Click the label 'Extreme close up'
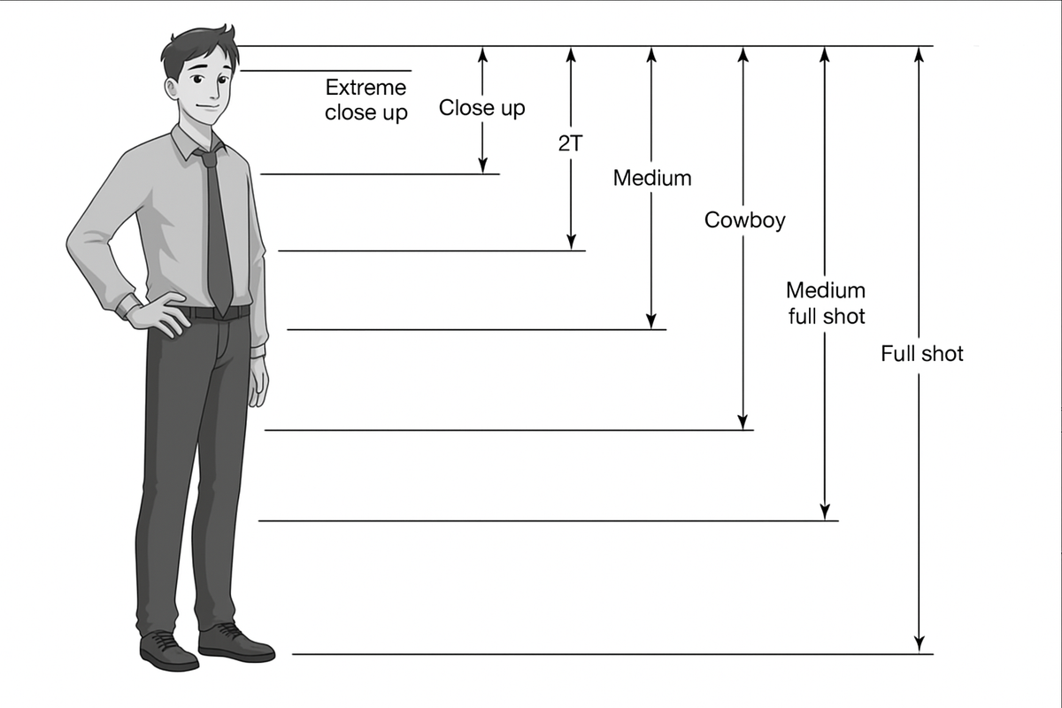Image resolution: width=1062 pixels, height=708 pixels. (x=366, y=100)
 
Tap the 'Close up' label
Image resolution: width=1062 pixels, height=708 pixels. (x=481, y=108)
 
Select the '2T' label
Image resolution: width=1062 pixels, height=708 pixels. (x=570, y=143)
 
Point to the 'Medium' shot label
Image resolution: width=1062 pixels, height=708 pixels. (x=652, y=178)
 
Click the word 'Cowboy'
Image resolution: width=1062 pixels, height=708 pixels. (x=744, y=220)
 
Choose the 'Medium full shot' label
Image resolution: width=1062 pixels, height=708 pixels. (x=826, y=303)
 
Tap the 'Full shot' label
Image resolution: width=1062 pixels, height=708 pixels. (x=921, y=354)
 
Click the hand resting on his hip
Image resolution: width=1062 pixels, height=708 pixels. (x=158, y=314)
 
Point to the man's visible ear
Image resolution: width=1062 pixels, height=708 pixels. (x=172, y=88)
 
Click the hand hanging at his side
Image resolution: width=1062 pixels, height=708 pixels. (x=258, y=381)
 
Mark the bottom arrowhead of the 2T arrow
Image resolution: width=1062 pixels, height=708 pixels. (x=572, y=242)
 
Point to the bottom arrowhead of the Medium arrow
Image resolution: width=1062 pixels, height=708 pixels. (x=651, y=320)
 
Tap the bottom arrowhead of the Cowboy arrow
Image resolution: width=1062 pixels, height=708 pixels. (x=743, y=421)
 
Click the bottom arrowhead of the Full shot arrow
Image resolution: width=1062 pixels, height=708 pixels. (x=919, y=645)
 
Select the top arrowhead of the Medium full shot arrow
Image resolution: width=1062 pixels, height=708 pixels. (x=825, y=55)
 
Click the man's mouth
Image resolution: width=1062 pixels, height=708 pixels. (x=209, y=108)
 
